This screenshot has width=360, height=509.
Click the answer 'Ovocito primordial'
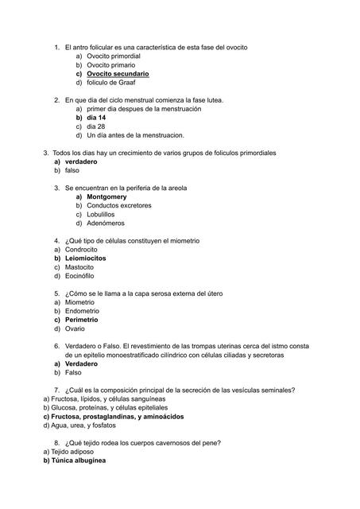click(114, 56)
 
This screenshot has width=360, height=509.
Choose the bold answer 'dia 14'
click(96, 118)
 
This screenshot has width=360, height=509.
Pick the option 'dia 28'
click(95, 126)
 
